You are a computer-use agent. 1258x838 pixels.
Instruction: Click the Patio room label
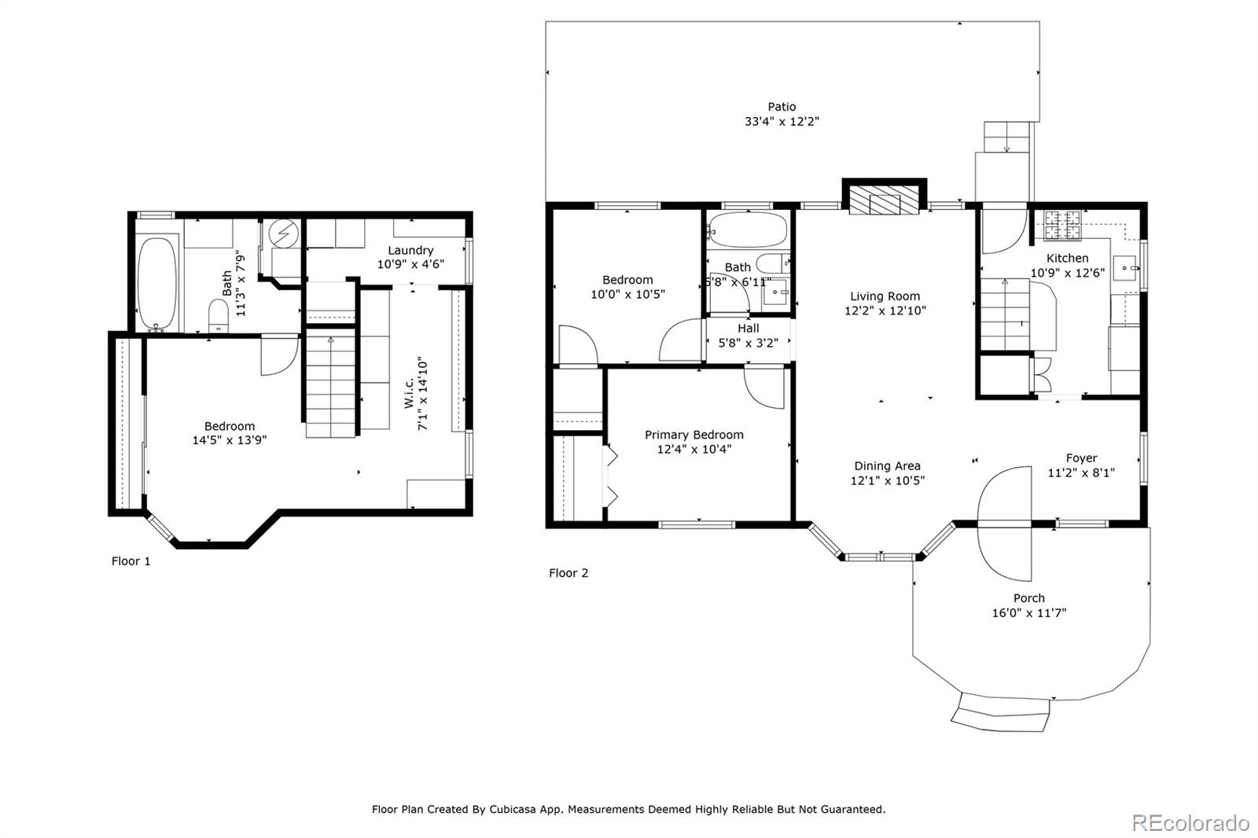[x=782, y=107]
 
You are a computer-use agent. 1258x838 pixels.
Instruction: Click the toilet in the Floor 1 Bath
[x=219, y=315]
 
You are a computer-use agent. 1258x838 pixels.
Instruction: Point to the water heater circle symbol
[x=284, y=233]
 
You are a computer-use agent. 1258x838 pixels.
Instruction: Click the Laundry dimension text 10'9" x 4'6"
[x=410, y=264]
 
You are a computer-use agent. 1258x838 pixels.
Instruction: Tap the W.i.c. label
[x=409, y=392]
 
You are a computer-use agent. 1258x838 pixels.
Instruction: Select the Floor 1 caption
[x=131, y=561]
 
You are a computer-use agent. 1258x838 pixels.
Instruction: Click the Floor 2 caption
[x=568, y=573]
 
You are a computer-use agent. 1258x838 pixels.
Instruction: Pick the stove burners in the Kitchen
[x=1062, y=225]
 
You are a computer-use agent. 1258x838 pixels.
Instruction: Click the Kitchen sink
[x=1125, y=268]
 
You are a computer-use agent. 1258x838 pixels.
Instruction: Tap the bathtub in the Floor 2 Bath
[x=748, y=230]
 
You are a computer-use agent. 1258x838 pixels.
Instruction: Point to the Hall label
[x=748, y=329]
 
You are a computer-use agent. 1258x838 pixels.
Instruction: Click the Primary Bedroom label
[x=694, y=435]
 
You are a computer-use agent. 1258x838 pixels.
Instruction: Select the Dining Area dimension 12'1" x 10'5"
[x=888, y=480]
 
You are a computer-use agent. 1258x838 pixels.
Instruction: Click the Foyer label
[x=1081, y=458]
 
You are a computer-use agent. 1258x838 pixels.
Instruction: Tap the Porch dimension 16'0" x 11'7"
[x=1029, y=612]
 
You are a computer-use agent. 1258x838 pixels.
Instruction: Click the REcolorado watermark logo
[x=1190, y=823]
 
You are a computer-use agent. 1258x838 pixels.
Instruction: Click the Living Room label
[x=885, y=296]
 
